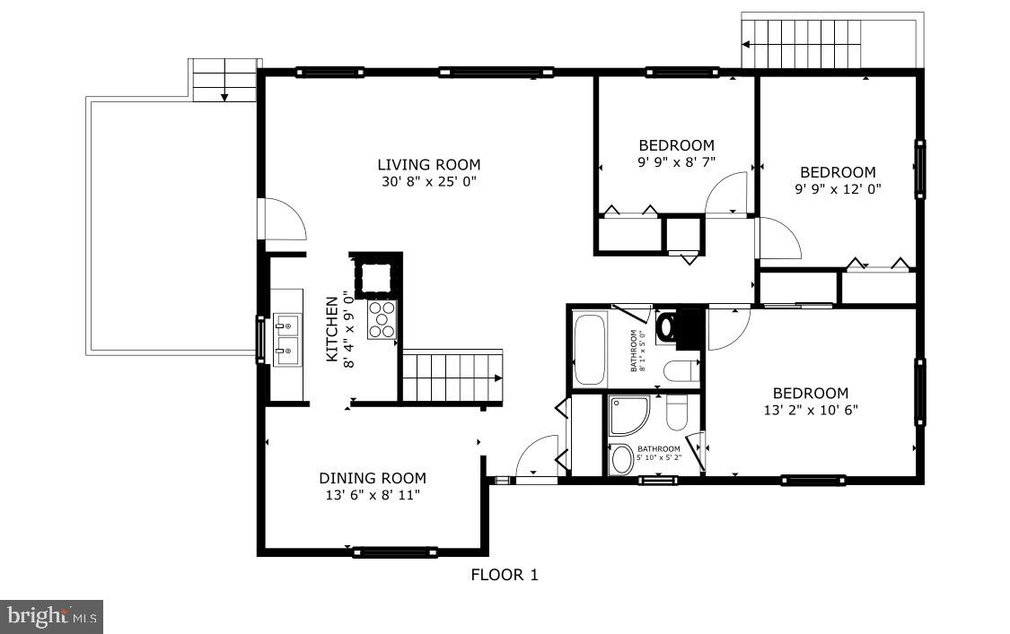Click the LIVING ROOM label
pyautogui.click(x=428, y=164)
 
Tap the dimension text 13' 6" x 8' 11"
pyautogui.click(x=373, y=495)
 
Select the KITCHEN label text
pyautogui.click(x=331, y=329)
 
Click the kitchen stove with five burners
pyautogui.click(x=382, y=320)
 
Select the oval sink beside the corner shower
pyautogui.click(x=620, y=459)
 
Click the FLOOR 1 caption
pyautogui.click(x=505, y=575)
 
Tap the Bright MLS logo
pyautogui.click(x=51, y=616)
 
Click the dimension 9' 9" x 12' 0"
pyautogui.click(x=838, y=189)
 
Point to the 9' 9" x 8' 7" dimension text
pyautogui.click(x=676, y=162)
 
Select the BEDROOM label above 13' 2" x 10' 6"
pyautogui.click(x=811, y=393)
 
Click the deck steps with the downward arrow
pyautogui.click(x=224, y=80)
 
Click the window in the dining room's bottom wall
pyautogui.click(x=394, y=551)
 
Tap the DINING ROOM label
pyautogui.click(x=373, y=478)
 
